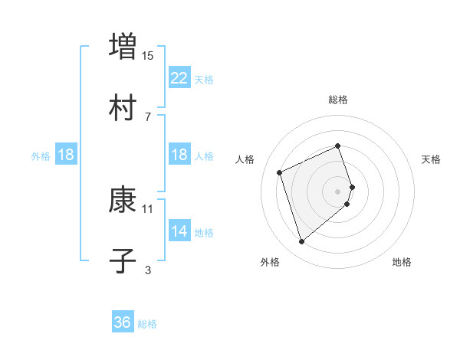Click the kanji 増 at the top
point(123,45)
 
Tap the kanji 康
point(123,201)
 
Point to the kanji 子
point(123,261)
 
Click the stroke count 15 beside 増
point(148,55)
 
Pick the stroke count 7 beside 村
point(148,116)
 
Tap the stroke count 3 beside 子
point(148,270)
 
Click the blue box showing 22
point(179,77)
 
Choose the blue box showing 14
point(179,231)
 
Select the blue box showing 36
point(123,322)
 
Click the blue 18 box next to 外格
point(66,155)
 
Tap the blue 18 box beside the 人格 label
point(179,155)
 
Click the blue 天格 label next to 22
point(203,79)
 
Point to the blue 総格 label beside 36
point(147,324)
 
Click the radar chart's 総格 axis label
point(338,100)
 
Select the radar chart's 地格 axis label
point(402,262)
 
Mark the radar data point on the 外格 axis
point(301,242)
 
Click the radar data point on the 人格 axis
point(281,172)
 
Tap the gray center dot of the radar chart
point(338,191)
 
